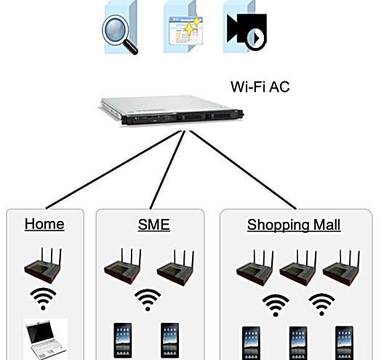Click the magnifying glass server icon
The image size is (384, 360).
point(120,28)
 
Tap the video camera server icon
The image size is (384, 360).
point(245,27)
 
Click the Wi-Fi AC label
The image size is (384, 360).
point(260,87)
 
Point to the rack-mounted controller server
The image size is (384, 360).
point(172,111)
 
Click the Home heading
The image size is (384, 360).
point(44,224)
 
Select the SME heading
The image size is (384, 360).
point(153,225)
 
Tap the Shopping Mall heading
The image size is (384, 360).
point(294,225)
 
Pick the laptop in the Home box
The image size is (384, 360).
point(46,339)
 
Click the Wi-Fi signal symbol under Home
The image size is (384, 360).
point(43,299)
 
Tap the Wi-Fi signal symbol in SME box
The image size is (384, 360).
point(148,300)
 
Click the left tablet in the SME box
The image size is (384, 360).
point(123,340)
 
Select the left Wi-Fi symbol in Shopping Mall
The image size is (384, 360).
point(276,305)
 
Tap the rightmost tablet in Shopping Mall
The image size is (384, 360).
point(344,343)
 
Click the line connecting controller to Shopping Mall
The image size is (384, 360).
point(243,170)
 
